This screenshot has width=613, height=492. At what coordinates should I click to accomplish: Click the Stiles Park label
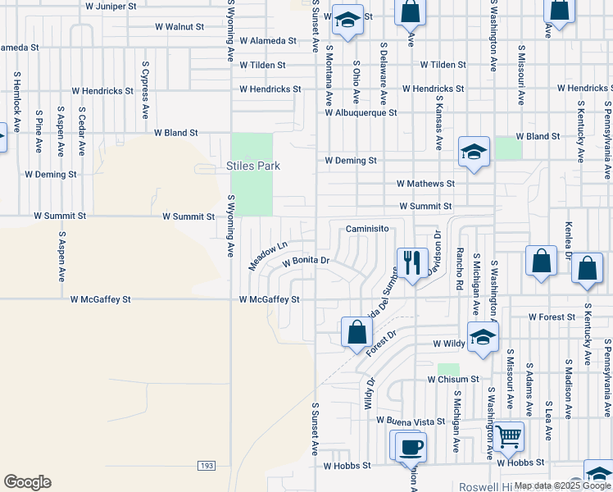point(253,166)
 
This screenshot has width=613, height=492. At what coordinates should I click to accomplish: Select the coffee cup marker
point(411,448)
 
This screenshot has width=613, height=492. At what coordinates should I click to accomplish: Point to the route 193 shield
point(206,466)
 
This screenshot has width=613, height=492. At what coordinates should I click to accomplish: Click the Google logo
point(27,482)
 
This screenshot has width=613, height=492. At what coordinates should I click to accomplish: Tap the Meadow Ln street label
point(269,256)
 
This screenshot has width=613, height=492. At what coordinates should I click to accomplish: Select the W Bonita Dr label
point(306,262)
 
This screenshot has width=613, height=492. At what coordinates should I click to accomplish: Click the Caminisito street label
point(366,229)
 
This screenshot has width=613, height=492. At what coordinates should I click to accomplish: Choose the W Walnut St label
point(179,26)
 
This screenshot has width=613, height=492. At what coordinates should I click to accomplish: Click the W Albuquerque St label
point(361,112)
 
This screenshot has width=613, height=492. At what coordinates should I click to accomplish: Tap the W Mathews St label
point(425,184)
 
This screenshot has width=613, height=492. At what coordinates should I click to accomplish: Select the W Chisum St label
point(452,380)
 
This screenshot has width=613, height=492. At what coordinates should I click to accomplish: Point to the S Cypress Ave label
point(145,89)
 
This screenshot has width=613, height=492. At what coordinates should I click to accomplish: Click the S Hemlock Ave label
point(16,102)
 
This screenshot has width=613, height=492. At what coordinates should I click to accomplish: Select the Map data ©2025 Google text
point(561,485)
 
